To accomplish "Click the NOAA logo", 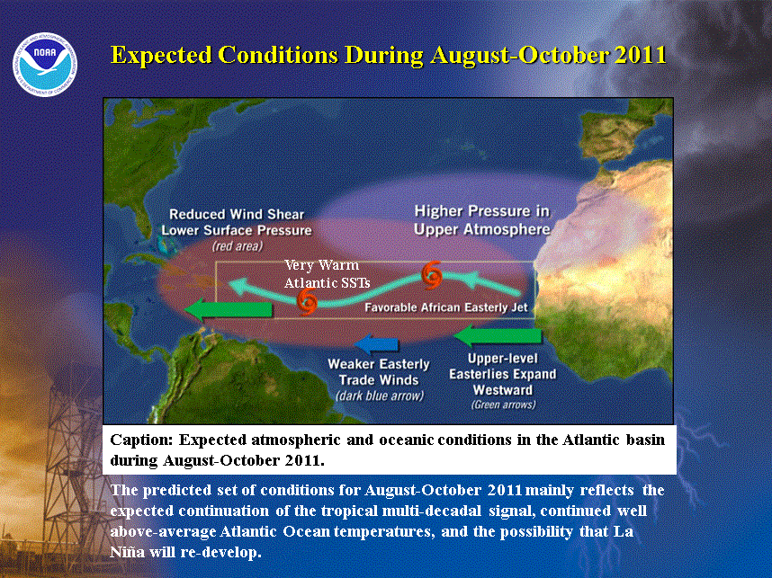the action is point(45,65).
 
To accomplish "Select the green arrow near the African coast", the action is point(498,336).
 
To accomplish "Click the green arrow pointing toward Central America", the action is point(229,309).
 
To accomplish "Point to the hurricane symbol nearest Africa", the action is point(432,276).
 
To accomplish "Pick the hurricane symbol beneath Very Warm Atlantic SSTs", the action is point(307,301).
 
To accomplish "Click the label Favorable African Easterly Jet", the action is point(446,307).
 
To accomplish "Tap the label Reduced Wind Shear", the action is point(237,215).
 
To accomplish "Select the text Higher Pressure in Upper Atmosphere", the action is point(482,220).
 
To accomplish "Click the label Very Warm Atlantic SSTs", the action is point(327,273).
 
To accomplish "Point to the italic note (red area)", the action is point(238,246).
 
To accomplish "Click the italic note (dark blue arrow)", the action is point(379,396).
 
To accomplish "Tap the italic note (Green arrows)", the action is point(503,405).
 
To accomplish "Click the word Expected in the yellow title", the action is point(161,56).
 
